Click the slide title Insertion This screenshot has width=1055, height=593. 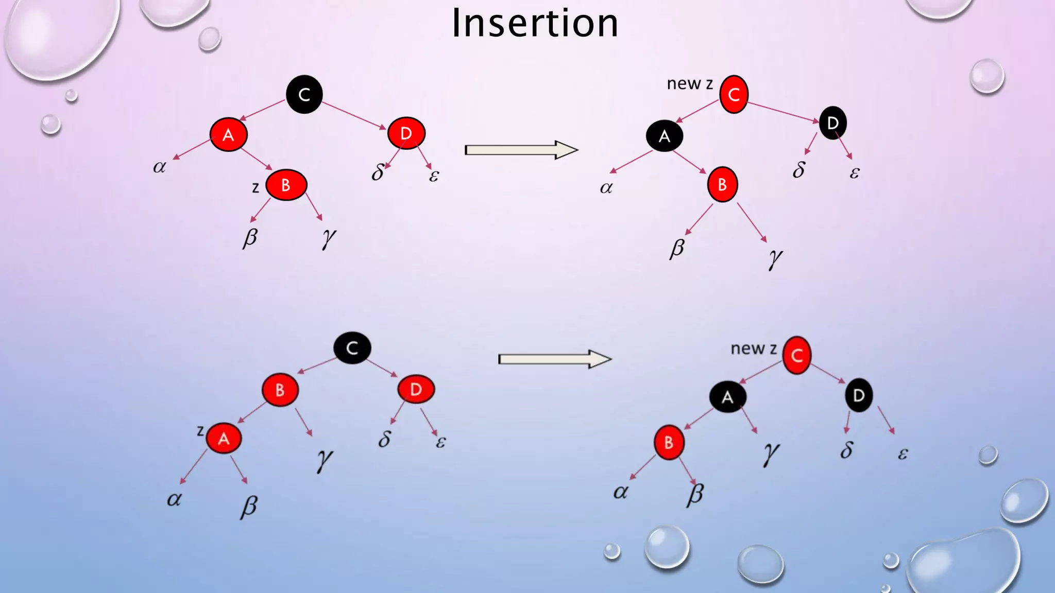click(x=535, y=24)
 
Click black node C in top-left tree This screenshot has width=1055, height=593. click(x=304, y=94)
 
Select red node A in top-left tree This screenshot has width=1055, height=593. click(x=228, y=135)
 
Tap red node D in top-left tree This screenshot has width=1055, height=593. click(x=406, y=133)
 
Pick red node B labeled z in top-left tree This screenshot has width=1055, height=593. click(x=286, y=185)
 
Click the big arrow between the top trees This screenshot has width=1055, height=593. click(x=520, y=150)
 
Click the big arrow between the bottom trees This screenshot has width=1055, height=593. click(x=554, y=359)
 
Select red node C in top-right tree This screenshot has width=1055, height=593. click(x=734, y=95)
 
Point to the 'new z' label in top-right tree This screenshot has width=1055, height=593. click(x=690, y=83)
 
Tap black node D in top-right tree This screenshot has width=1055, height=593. click(x=832, y=123)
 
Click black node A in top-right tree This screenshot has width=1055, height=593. click(x=665, y=136)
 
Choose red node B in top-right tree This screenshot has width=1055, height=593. click(x=722, y=184)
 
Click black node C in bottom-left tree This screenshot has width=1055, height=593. click(x=352, y=348)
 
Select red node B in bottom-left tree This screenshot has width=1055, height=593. click(x=280, y=390)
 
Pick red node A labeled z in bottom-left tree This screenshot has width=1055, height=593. click(x=224, y=438)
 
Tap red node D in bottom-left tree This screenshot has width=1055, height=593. click(x=416, y=389)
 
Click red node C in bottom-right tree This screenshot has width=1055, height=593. click(x=797, y=355)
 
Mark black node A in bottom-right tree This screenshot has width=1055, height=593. click(x=727, y=397)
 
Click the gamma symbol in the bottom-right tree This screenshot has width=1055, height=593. click(x=771, y=453)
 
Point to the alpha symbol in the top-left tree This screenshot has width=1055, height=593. click(x=160, y=167)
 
